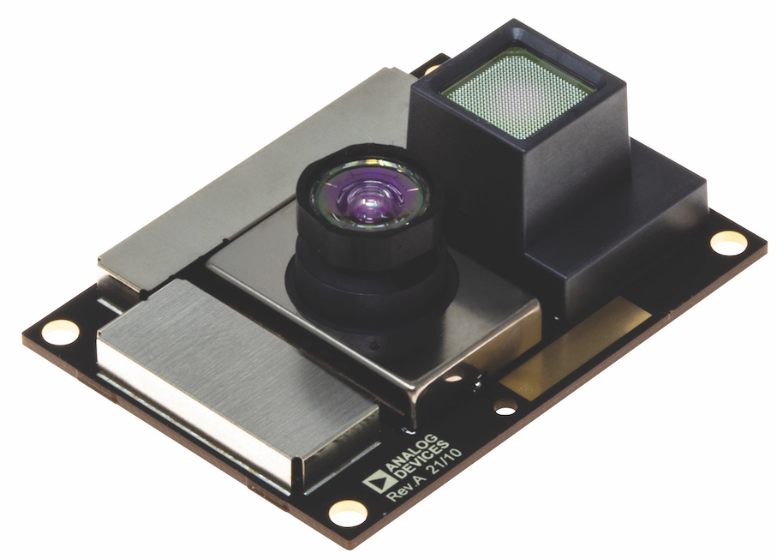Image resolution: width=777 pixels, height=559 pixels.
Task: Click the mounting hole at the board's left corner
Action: pos(61,331)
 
